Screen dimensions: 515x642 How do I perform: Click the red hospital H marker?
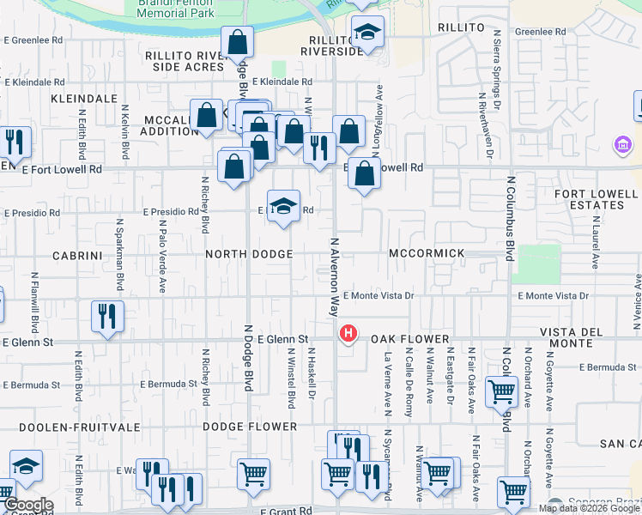coord(348,333)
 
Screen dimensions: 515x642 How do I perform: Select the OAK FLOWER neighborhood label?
coord(410,340)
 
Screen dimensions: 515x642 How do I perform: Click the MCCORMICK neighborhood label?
coord(427,254)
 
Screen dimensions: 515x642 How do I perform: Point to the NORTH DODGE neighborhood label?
coord(249,255)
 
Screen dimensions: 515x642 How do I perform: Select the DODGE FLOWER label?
coord(250,427)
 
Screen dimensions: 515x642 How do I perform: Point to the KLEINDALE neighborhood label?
coord(83,100)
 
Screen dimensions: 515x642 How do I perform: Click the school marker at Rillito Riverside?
coord(368,33)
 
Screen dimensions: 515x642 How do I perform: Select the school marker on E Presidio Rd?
coord(283,206)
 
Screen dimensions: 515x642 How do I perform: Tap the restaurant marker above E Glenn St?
coord(107,315)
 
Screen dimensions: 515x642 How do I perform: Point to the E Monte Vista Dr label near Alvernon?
coord(379,296)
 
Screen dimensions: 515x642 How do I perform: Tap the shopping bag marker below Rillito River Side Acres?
coord(238,40)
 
